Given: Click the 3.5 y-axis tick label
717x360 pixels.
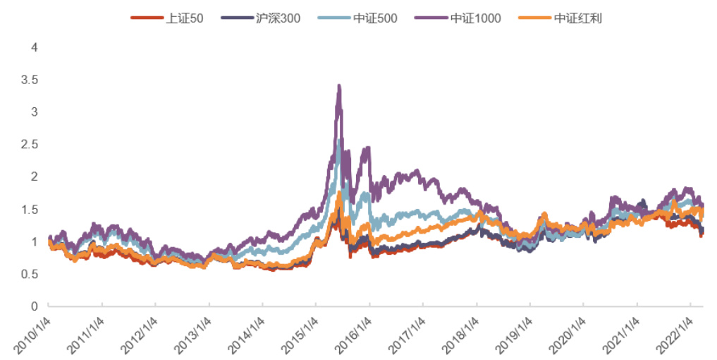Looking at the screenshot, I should pos(30,80).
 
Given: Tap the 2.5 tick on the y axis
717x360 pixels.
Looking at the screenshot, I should pos(30,144).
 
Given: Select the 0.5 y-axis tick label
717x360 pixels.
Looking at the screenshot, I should pos(30,273).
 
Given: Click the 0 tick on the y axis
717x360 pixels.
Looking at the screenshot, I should pos(34,306).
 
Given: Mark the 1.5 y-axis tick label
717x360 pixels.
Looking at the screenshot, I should pos(30,209).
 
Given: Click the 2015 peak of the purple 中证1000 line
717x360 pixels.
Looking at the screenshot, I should pos(339,86).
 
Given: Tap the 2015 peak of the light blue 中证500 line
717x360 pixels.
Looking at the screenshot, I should pos(340,140).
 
